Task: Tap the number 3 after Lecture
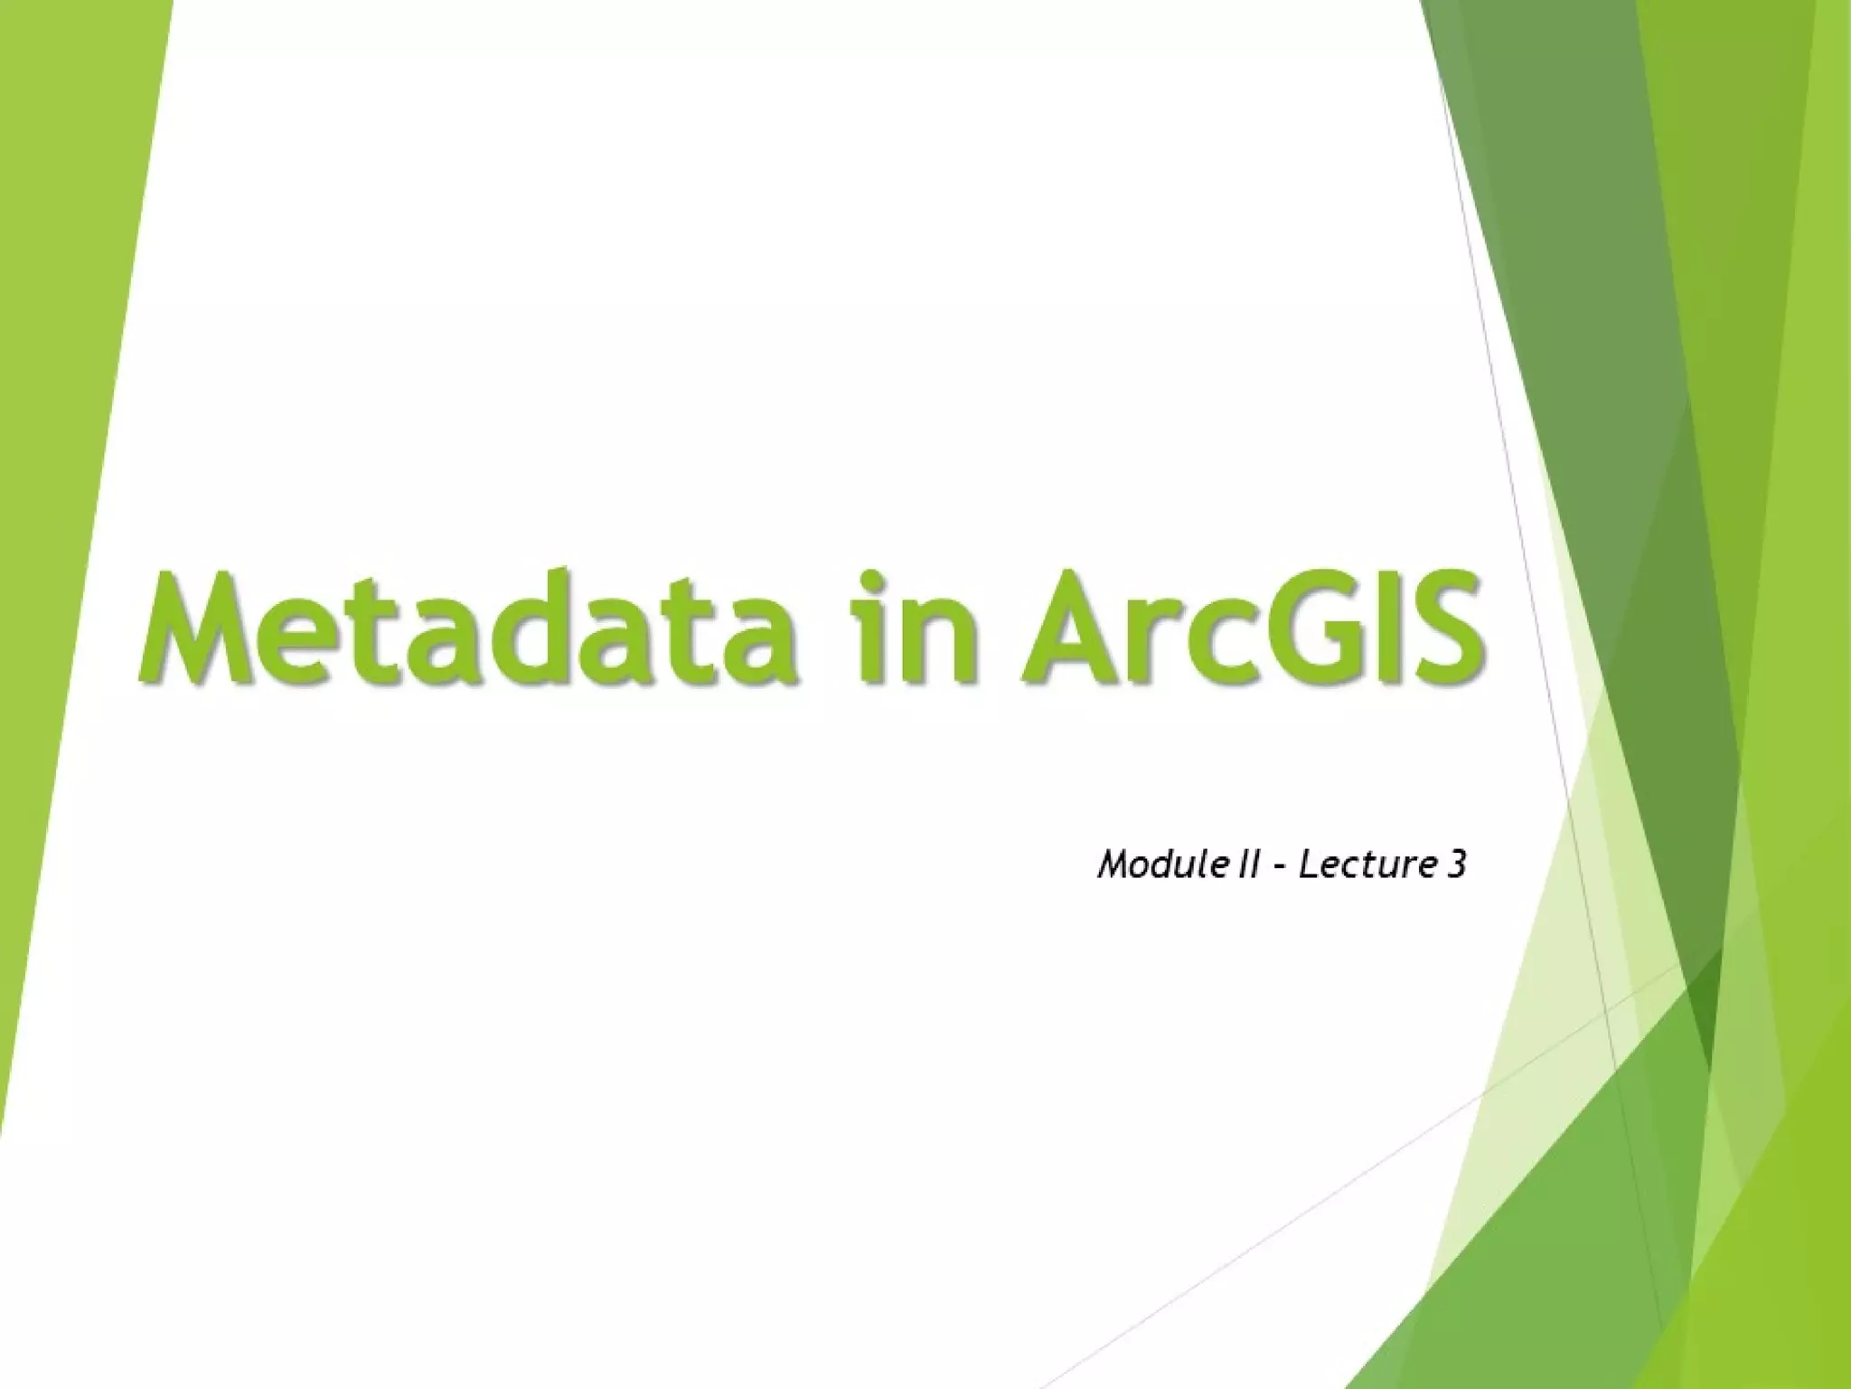pos(1455,865)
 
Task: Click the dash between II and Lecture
pos(1278,869)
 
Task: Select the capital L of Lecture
pos(1308,865)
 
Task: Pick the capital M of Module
pos(1113,865)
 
